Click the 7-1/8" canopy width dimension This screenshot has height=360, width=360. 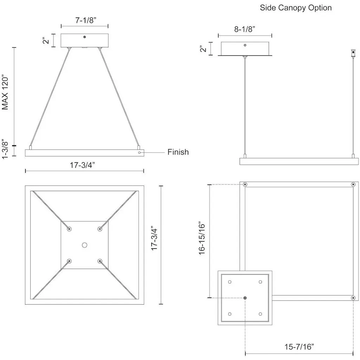(x=84, y=20)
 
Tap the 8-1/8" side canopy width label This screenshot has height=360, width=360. (x=245, y=30)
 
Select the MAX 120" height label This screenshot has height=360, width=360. (x=5, y=92)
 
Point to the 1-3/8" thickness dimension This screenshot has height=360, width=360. (x=5, y=149)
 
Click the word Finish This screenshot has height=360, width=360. (x=178, y=152)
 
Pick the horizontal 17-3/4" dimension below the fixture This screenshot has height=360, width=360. (x=84, y=165)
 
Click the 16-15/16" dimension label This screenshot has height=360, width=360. (x=201, y=238)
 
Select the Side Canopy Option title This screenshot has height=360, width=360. (x=296, y=8)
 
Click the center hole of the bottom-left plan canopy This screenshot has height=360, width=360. (x=84, y=245)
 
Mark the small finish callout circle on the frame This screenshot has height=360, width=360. (x=140, y=153)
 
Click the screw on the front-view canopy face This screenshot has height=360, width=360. (x=84, y=37)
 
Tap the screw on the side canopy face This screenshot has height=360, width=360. (x=245, y=45)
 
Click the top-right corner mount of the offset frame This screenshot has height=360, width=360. (x=353, y=184)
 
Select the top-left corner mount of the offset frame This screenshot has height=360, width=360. (x=245, y=184)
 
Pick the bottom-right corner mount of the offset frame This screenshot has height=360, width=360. (x=353, y=298)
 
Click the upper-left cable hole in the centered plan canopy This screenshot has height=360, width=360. (x=69, y=229)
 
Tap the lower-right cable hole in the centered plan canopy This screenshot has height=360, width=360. (x=100, y=261)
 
